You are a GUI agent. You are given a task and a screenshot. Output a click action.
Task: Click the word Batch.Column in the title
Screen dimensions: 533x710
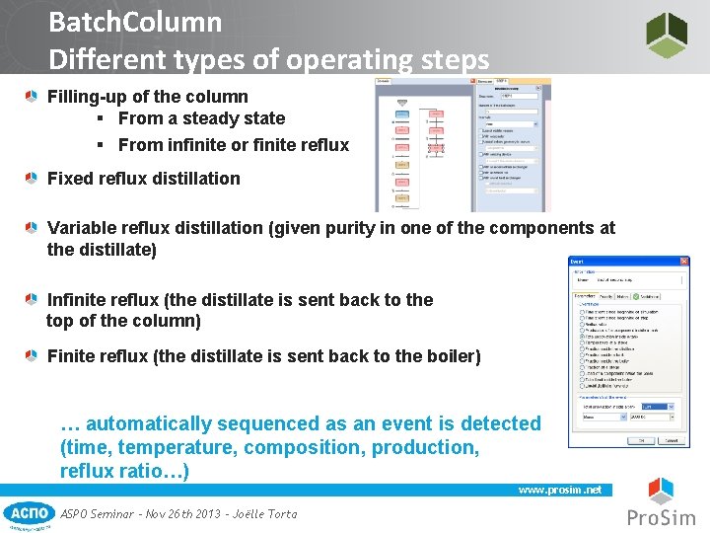pos(134,22)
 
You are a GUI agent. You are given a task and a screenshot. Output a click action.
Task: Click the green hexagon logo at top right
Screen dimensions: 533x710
pos(667,35)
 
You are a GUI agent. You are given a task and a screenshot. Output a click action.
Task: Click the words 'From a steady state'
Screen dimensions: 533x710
pos(201,118)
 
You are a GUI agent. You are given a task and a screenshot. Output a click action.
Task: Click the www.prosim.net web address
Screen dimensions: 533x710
pos(559,490)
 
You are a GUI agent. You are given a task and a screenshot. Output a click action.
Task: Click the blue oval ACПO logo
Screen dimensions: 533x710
pos(29,513)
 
